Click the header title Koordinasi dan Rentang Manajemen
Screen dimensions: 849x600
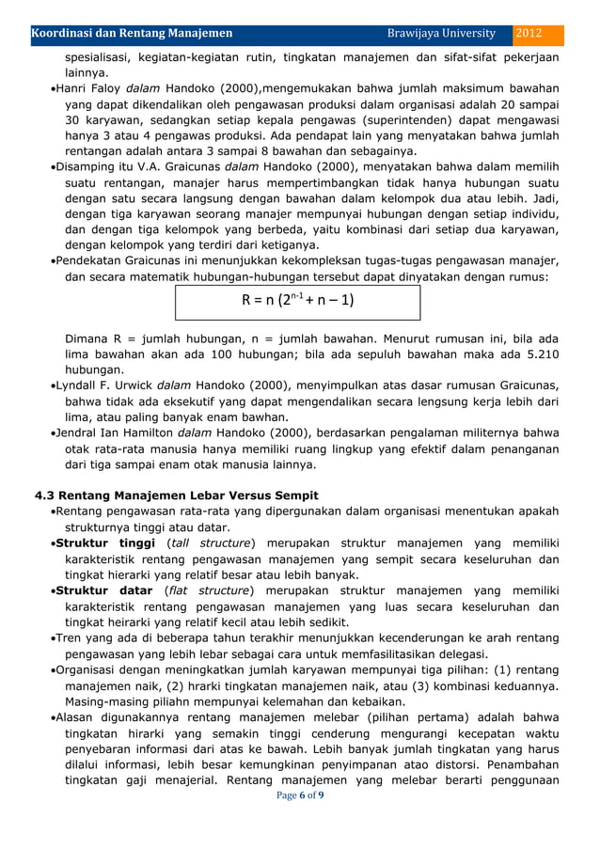pyautogui.click(x=133, y=34)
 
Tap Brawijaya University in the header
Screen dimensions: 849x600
pyautogui.click(x=441, y=34)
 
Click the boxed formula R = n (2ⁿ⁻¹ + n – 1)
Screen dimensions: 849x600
pyautogui.click(x=297, y=302)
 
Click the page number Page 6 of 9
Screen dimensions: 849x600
pyautogui.click(x=300, y=796)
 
